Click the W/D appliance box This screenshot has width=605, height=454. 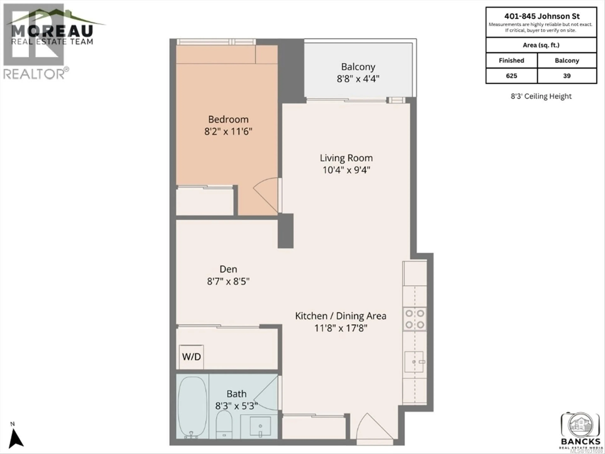pos(191,357)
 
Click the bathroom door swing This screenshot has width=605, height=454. pos(267,393)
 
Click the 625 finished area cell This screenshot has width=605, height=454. pos(511,76)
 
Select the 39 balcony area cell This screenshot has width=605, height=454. pos(567,76)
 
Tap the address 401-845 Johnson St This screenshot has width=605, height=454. pos(542,16)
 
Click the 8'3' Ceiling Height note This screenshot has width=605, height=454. pos(541,96)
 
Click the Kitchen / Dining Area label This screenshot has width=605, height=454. pos(340,316)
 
